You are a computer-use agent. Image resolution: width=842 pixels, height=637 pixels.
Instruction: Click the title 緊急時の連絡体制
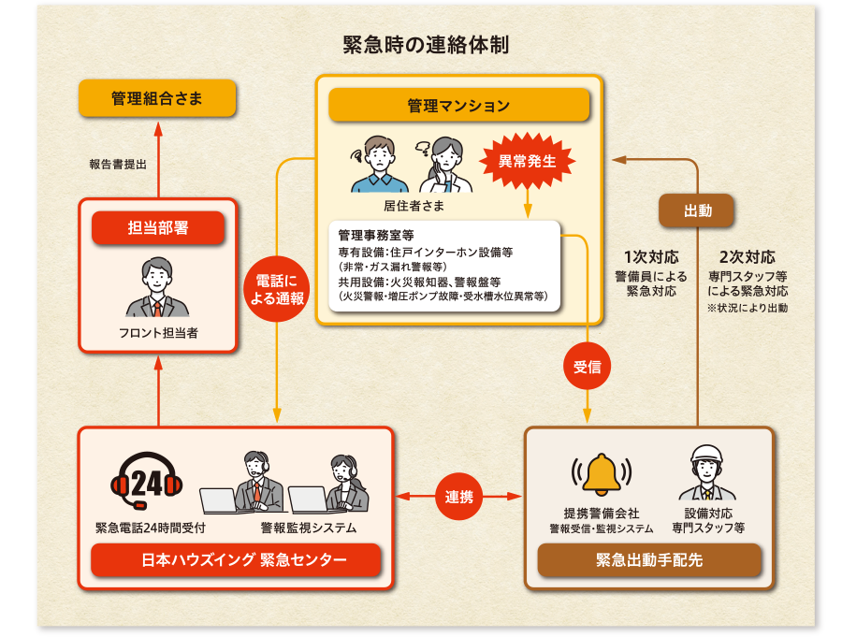tap(426, 44)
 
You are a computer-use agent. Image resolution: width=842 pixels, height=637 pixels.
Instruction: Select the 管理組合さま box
tap(156, 98)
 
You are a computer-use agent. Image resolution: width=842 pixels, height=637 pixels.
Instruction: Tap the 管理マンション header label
tap(458, 105)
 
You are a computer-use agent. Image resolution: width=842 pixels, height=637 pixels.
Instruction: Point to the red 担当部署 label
tap(157, 227)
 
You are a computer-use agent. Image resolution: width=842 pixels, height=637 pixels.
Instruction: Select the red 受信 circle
tap(587, 368)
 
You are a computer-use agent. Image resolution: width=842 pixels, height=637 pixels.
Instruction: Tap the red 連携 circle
tap(459, 497)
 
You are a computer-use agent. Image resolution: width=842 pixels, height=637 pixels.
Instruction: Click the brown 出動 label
tap(697, 210)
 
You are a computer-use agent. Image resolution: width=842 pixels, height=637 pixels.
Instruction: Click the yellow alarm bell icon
tap(602, 474)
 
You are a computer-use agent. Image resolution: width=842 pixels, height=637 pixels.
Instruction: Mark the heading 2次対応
tap(748, 257)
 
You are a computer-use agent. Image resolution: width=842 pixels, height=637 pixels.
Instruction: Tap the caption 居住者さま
tap(414, 205)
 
